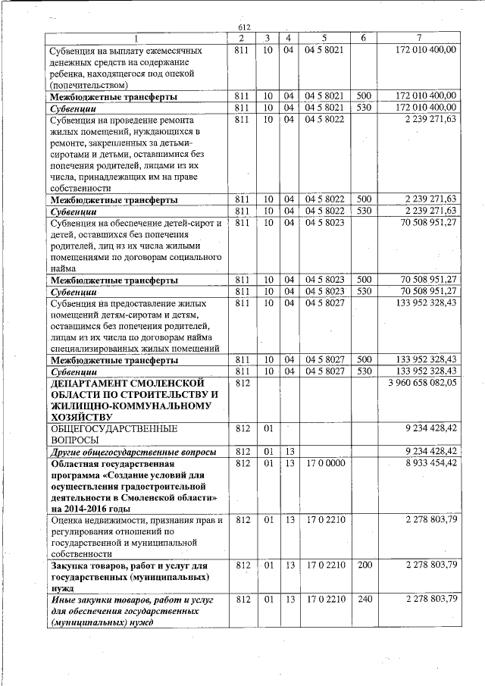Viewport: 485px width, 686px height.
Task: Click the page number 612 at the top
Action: coord(243,27)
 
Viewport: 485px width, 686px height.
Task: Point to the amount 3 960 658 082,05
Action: coord(422,384)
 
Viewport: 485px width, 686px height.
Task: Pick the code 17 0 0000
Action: coord(324,462)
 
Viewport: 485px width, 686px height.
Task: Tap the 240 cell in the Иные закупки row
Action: coord(364,599)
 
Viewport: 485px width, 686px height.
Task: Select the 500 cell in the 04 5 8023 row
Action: coord(364,279)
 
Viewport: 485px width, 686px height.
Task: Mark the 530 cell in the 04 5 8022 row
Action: coord(364,210)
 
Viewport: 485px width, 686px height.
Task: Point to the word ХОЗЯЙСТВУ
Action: coord(80,417)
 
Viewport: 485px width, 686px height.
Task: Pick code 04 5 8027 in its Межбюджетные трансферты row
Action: coord(324,359)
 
